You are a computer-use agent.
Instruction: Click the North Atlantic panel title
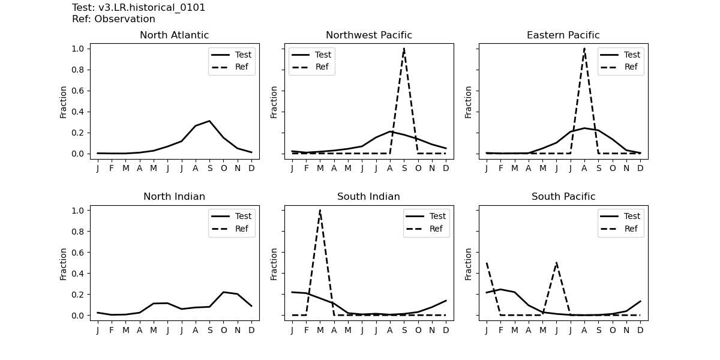pyautogui.click(x=174, y=35)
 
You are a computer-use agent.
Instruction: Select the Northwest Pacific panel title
pyautogui.click(x=369, y=35)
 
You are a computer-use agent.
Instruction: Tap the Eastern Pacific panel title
pyautogui.click(x=563, y=35)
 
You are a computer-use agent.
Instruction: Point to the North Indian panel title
pyautogui.click(x=174, y=197)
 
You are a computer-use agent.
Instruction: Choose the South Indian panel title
pyautogui.click(x=368, y=197)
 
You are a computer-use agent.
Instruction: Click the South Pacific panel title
pyautogui.click(x=563, y=197)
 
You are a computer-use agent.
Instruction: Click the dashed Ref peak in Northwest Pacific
pyautogui.click(x=404, y=49)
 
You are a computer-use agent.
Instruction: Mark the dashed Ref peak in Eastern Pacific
pyautogui.click(x=584, y=49)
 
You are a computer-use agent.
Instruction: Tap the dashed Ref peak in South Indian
pyautogui.click(x=320, y=210)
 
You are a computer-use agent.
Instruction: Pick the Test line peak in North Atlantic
pyautogui.click(x=209, y=121)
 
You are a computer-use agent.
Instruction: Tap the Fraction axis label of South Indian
pyautogui.click(x=274, y=263)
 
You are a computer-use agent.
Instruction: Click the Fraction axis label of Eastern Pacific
pyautogui.click(x=469, y=102)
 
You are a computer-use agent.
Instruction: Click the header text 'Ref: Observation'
pyautogui.click(x=113, y=19)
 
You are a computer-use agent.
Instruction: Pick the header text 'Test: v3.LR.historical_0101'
pyautogui.click(x=139, y=8)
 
